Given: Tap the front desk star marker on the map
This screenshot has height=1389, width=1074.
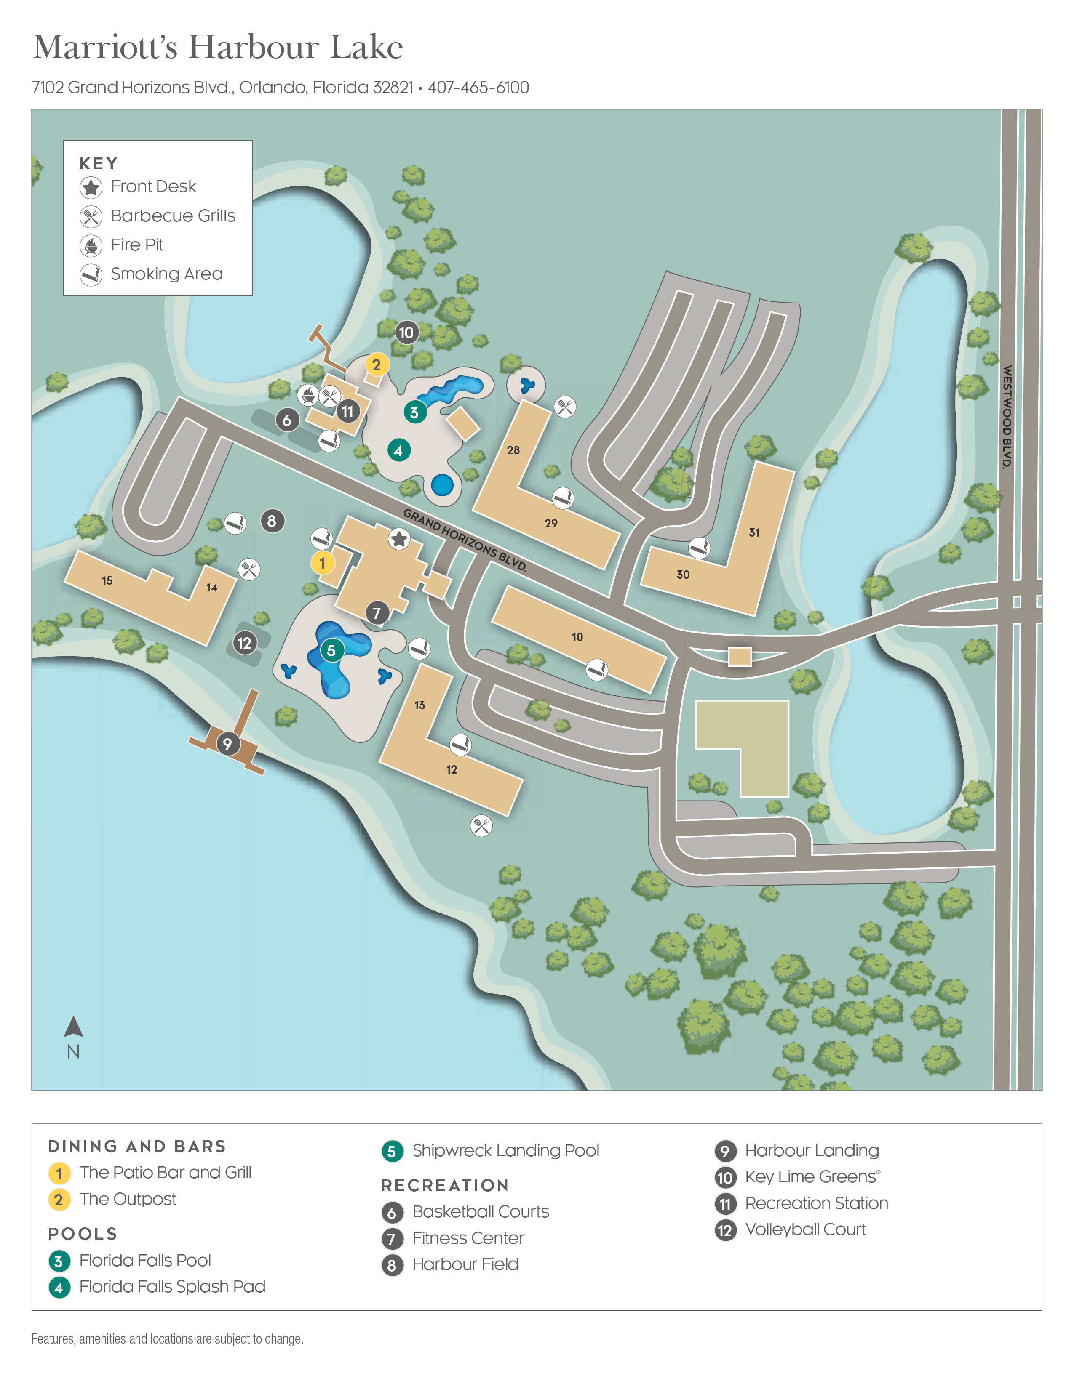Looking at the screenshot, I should tap(399, 539).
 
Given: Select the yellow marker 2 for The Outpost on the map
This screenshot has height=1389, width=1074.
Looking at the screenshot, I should tap(377, 365).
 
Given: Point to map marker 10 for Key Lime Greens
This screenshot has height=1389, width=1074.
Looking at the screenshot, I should tap(406, 332).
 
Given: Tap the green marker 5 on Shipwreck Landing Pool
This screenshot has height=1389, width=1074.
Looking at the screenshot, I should tap(331, 650).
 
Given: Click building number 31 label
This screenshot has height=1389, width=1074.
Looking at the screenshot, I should tap(754, 532).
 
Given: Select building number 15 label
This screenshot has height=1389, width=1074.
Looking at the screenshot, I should tap(107, 580).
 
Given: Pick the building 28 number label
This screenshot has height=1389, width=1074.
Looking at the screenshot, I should tap(513, 450).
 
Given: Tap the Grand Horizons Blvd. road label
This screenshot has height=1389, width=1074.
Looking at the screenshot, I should tap(465, 540).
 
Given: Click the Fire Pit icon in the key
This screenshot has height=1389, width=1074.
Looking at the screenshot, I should tap(91, 245).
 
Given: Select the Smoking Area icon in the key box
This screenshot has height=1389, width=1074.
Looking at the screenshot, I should tap(91, 275).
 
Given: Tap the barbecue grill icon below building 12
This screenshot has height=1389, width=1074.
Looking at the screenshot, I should tap(481, 825).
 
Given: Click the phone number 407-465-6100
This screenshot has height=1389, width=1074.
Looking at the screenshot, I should tap(478, 88).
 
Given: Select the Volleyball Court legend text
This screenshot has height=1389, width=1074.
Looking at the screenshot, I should tap(805, 1229).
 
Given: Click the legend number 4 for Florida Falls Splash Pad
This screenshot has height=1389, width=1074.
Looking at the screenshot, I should tap(59, 1287).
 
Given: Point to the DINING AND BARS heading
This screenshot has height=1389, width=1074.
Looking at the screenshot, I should tap(137, 1146).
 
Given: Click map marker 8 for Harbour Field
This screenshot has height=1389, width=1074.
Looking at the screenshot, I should tap(273, 521).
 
